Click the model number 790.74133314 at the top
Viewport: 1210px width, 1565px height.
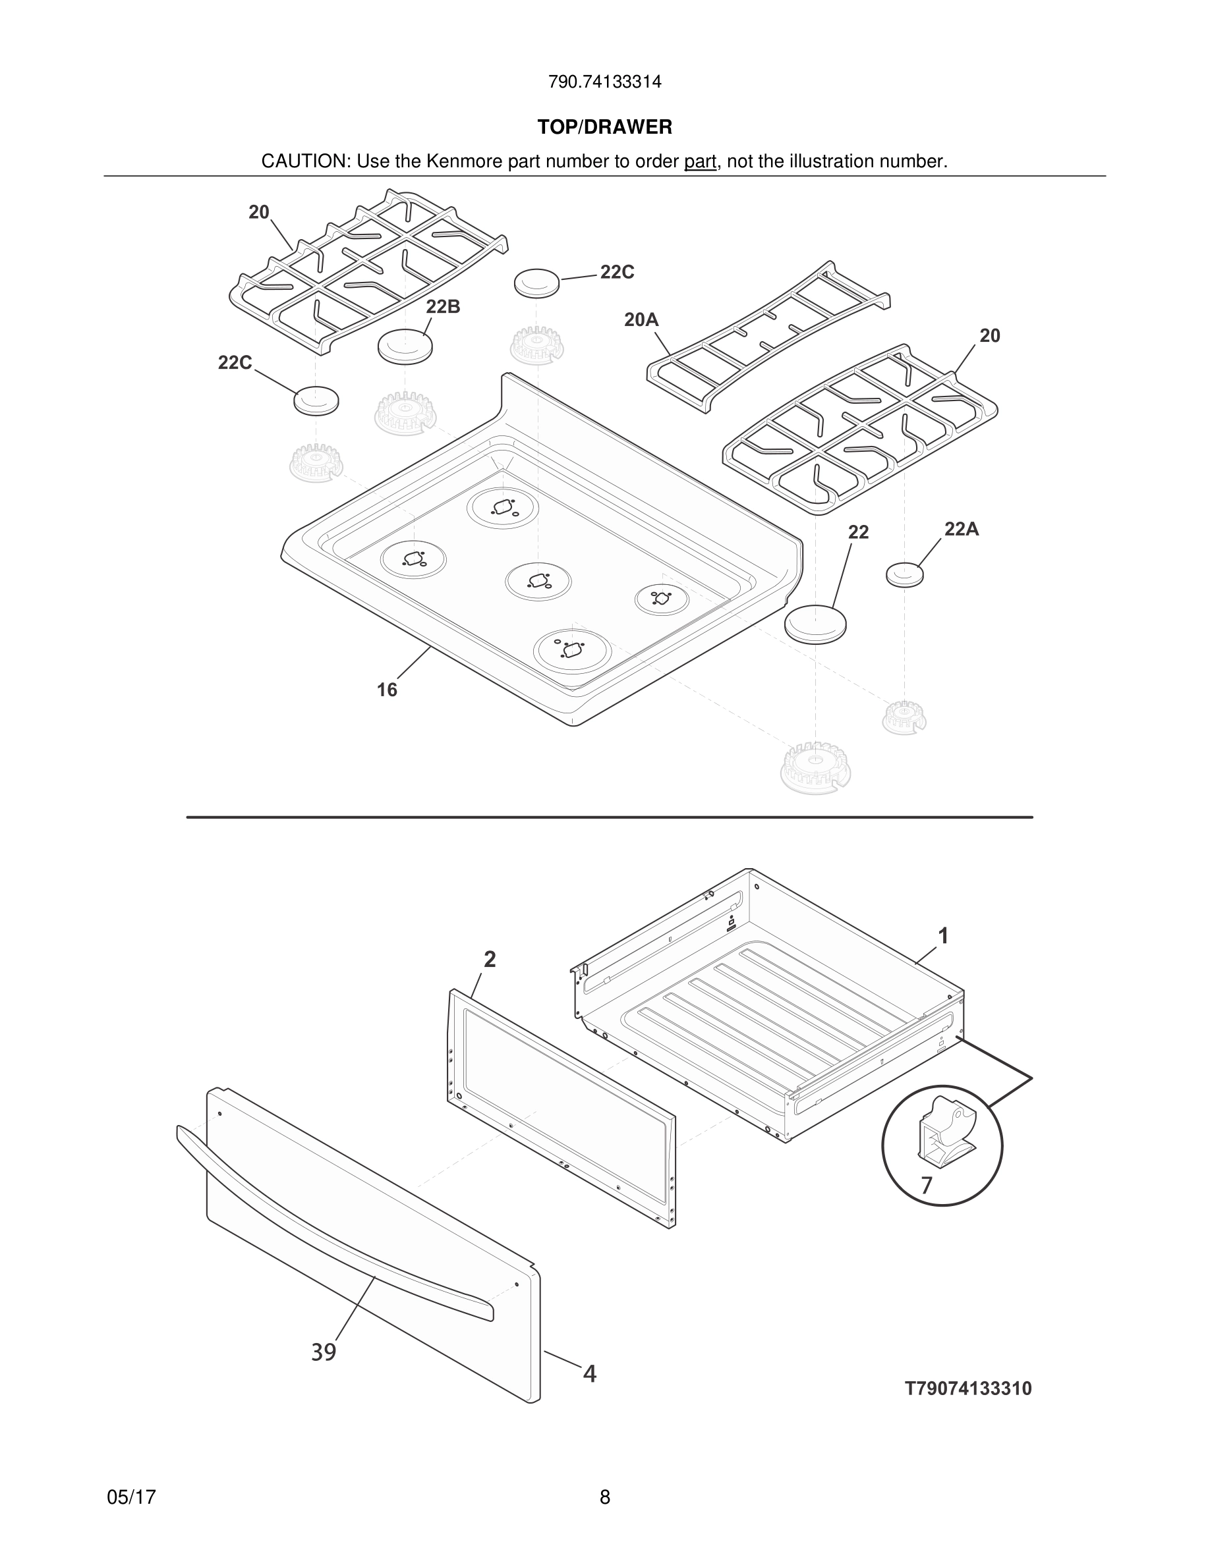point(604,82)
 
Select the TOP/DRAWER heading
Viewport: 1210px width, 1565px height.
point(604,128)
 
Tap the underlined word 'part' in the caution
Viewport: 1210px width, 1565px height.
point(700,162)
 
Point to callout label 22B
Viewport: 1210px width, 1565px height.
point(443,307)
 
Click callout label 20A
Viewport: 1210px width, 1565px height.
point(641,320)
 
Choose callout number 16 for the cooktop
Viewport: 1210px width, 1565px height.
point(387,690)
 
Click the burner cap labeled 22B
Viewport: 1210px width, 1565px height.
point(405,346)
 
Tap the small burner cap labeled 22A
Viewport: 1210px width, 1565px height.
point(905,574)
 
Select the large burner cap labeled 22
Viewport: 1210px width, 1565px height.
point(815,623)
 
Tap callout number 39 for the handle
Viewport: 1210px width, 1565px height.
point(324,1352)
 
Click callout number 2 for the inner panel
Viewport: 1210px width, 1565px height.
point(490,960)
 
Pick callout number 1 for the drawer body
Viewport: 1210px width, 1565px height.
point(943,936)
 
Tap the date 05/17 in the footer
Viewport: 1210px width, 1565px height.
point(131,1497)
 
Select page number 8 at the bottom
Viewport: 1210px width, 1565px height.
point(605,1497)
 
